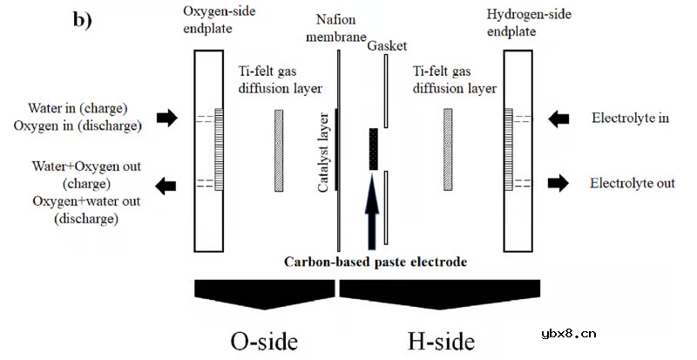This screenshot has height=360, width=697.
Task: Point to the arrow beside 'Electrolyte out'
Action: pyautogui.click(x=558, y=183)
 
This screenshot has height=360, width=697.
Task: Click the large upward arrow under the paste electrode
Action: pyautogui.click(x=374, y=209)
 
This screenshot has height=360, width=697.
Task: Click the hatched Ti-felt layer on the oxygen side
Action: pyautogui.click(x=279, y=149)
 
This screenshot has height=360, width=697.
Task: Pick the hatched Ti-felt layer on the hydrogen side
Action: pyautogui.click(x=448, y=149)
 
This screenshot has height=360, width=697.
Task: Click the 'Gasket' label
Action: pyautogui.click(x=388, y=45)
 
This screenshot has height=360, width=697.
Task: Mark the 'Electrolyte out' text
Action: pyautogui.click(x=632, y=183)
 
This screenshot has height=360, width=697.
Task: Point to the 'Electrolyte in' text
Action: pyautogui.click(x=630, y=118)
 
